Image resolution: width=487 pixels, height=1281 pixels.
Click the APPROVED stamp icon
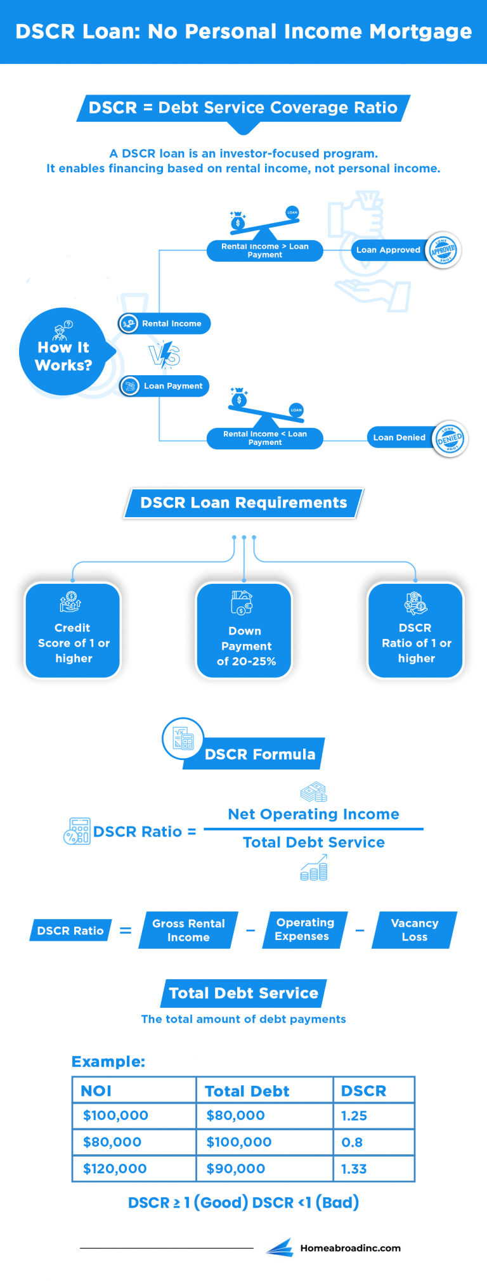tap(443, 250)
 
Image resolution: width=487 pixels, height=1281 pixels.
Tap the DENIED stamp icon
tap(450, 438)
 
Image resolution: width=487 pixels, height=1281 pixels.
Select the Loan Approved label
tap(388, 250)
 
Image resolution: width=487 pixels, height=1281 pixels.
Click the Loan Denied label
tap(399, 437)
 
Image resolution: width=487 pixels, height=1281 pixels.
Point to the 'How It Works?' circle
tap(63, 352)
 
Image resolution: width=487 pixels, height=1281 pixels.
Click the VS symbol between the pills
tap(164, 354)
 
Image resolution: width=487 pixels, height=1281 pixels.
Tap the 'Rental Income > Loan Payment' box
tap(265, 250)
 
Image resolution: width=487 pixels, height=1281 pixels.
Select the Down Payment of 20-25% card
tap(245, 631)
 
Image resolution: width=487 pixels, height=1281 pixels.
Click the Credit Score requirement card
tap(73, 631)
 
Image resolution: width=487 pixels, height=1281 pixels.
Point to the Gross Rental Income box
tap(188, 930)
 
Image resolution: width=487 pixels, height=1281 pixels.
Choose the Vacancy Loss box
tap(415, 930)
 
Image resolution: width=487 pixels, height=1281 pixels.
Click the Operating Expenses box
tap(303, 930)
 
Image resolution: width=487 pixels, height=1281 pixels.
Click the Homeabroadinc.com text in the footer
tap(350, 1248)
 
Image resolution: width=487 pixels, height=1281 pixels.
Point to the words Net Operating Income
tap(314, 814)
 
